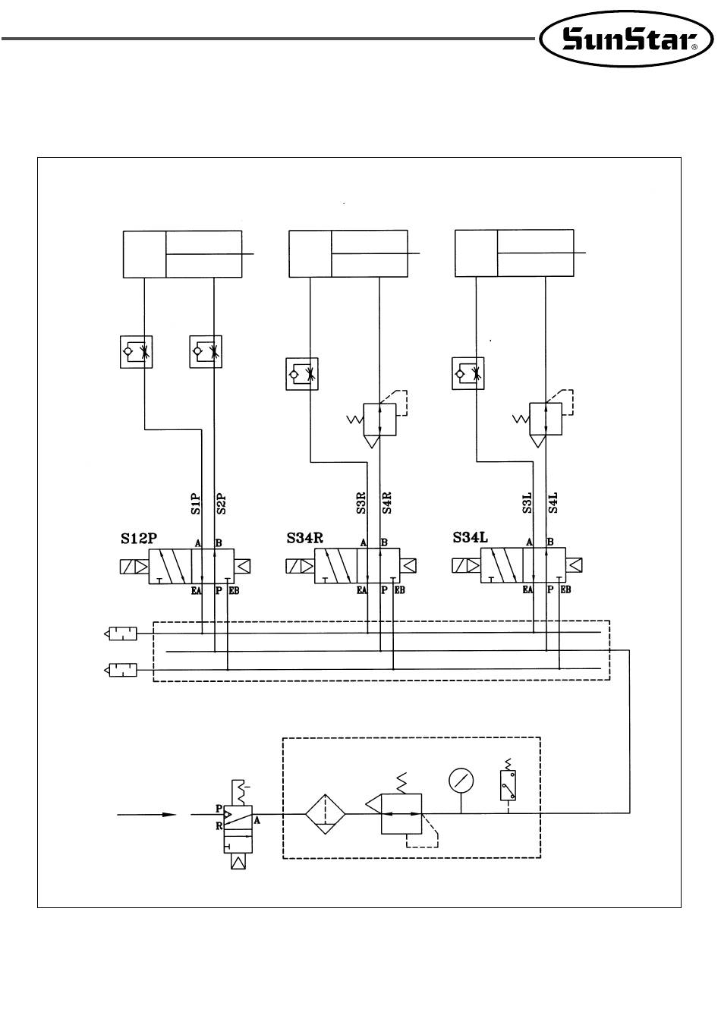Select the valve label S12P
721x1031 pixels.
coord(139,539)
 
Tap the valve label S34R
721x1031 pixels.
coord(305,538)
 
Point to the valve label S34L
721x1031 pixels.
coord(471,537)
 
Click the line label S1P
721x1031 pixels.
coord(196,504)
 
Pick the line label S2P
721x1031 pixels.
coord(221,504)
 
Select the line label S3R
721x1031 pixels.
coord(361,503)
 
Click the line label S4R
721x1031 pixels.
coord(387,503)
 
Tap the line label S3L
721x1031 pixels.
coord(527,502)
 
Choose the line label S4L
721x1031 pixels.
coord(553,502)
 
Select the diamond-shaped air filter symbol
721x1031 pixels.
coord(325,814)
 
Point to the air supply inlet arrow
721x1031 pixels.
coord(146,815)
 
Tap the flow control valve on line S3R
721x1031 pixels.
coord(302,374)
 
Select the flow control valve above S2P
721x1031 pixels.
coord(206,352)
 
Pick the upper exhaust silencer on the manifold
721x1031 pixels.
coord(121,633)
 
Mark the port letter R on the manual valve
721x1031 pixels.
coord(219,826)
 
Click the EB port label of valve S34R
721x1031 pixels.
coord(400,590)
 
